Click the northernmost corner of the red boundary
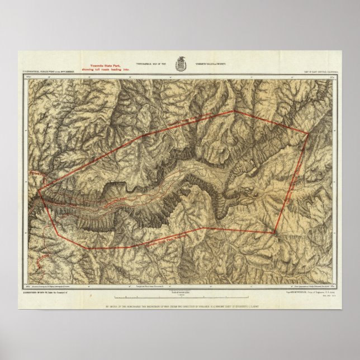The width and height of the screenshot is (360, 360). click(x=234, y=111)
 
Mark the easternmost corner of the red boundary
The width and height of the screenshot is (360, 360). click(x=309, y=134)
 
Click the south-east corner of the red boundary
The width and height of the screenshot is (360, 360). click(x=274, y=233)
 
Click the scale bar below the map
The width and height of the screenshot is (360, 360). click(x=179, y=297)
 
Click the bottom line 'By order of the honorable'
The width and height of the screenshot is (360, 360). click(x=180, y=307)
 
